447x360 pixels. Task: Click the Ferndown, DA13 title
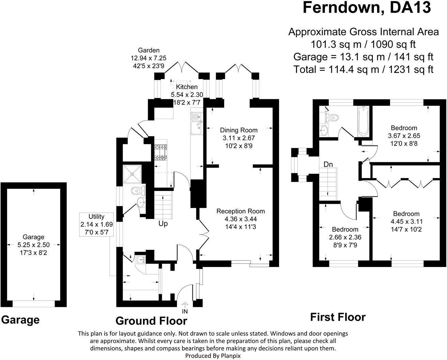(x=367, y=7)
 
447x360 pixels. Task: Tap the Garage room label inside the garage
(x=33, y=237)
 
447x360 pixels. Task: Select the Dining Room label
(x=238, y=130)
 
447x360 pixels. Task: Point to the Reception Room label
(x=241, y=211)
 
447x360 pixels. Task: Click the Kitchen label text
(x=187, y=87)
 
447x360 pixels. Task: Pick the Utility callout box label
(x=96, y=216)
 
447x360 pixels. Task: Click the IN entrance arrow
(x=185, y=305)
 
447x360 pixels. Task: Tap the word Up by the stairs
(x=163, y=224)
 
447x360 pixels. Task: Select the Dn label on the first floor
(x=328, y=164)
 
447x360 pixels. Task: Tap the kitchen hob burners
(x=161, y=152)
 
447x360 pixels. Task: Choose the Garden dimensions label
(x=149, y=58)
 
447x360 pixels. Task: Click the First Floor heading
(x=338, y=317)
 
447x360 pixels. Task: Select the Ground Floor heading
(x=151, y=321)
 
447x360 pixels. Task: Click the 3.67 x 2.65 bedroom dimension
(x=404, y=136)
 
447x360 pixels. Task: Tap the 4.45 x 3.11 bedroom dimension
(x=406, y=222)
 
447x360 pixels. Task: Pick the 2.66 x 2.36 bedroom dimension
(x=345, y=237)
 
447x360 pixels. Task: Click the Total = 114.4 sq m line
(x=363, y=70)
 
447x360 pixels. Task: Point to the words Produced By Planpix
(x=213, y=356)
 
